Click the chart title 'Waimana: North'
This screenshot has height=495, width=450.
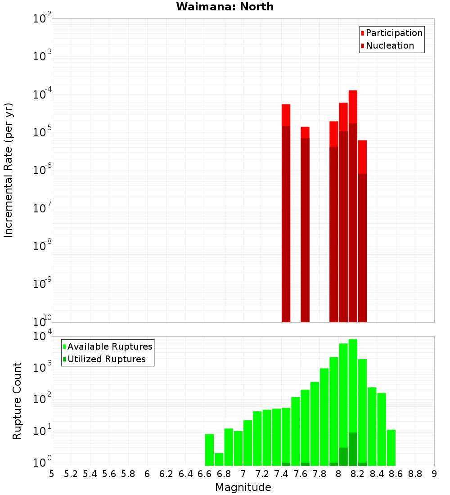tap(225, 7)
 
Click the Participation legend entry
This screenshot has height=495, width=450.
tap(391, 33)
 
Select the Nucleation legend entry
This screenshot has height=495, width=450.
tap(387, 46)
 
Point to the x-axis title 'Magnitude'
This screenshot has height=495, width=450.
tap(243, 487)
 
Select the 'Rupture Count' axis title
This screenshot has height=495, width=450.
tap(17, 400)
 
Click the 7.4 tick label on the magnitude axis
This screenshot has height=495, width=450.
tap(281, 474)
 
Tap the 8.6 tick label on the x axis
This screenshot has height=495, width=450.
tap(396, 474)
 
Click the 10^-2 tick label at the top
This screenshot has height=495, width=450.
tap(42, 19)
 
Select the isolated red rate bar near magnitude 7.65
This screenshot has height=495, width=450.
tap(305, 225)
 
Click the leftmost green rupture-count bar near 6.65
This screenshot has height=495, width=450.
tap(209, 450)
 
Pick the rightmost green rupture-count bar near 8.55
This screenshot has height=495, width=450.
tap(391, 448)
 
